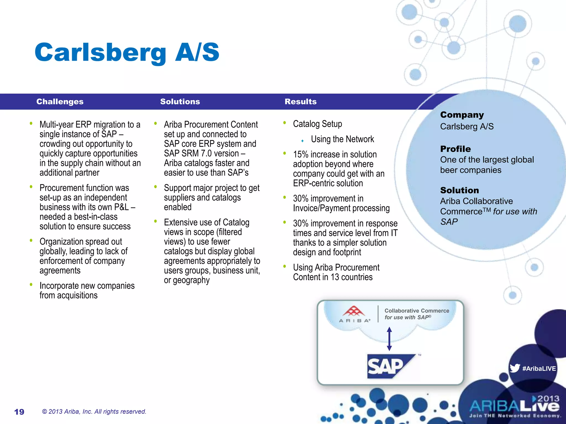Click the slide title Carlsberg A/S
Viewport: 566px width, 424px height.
[127, 52]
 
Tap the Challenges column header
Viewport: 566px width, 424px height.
[60, 102]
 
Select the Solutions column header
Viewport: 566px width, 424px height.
[180, 102]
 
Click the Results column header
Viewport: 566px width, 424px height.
[300, 102]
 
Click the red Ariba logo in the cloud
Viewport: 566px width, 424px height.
[354, 312]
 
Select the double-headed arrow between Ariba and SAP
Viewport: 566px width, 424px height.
[389, 339]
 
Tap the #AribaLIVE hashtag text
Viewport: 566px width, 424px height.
[539, 369]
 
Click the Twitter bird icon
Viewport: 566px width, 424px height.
[515, 368]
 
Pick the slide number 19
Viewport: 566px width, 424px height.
[19, 412]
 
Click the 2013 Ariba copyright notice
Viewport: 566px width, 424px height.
[94, 412]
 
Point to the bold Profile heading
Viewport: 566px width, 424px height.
[455, 149]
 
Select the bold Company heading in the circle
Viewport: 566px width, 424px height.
[462, 115]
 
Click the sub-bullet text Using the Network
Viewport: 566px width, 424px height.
[342, 139]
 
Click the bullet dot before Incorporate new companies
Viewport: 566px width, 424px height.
[31, 284]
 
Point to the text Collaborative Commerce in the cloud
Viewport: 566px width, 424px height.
[416, 311]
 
